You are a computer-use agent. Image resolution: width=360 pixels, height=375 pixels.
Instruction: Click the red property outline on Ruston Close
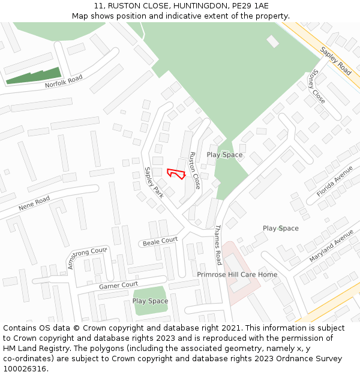pyautogui.click(x=175, y=173)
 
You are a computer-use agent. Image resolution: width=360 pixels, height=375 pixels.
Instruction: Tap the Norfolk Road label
pyautogui.click(x=63, y=82)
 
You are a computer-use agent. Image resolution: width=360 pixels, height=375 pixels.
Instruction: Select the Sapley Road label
pyautogui.click(x=335, y=61)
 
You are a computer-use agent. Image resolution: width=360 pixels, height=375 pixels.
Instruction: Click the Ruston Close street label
pyautogui.click(x=194, y=170)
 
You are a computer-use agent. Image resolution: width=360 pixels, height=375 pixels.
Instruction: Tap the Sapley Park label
pyautogui.click(x=154, y=182)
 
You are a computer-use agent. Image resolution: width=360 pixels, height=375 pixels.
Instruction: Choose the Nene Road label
pyautogui.click(x=34, y=203)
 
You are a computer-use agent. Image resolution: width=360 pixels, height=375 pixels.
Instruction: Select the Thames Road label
pyautogui.click(x=218, y=245)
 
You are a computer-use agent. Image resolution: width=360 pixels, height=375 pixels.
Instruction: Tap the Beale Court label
pyautogui.click(x=160, y=241)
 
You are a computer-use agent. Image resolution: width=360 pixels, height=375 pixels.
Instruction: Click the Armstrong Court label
pyautogui.click(x=88, y=257)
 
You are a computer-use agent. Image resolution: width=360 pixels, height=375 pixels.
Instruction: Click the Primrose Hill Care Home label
pyautogui.click(x=237, y=275)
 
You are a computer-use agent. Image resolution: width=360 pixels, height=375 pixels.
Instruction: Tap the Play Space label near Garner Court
pyautogui.click(x=150, y=301)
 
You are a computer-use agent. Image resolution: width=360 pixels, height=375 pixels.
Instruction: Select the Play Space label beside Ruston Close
pyautogui.click(x=224, y=155)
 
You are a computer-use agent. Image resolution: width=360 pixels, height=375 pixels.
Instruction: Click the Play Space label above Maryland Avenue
pyautogui.click(x=280, y=229)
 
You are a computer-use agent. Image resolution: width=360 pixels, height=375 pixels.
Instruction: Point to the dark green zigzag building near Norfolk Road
pyautogui.click(x=34, y=76)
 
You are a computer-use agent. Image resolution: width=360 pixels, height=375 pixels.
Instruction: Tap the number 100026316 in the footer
pyautogui.click(x=25, y=369)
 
